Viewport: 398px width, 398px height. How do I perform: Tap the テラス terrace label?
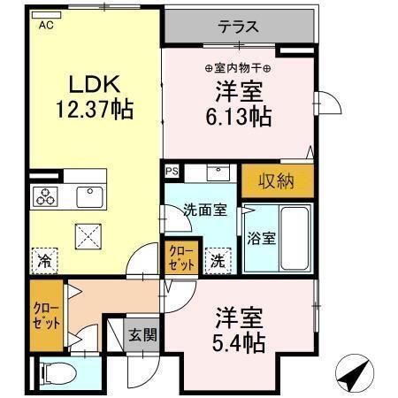click(238, 27)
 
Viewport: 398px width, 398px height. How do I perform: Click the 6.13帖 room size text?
click(240, 115)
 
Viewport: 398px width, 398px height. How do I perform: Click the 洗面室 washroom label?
click(205, 210)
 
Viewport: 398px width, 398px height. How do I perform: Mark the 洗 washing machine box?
click(217, 260)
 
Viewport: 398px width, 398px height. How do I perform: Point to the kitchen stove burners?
click(45, 197)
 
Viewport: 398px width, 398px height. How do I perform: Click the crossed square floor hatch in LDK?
click(88, 235)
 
